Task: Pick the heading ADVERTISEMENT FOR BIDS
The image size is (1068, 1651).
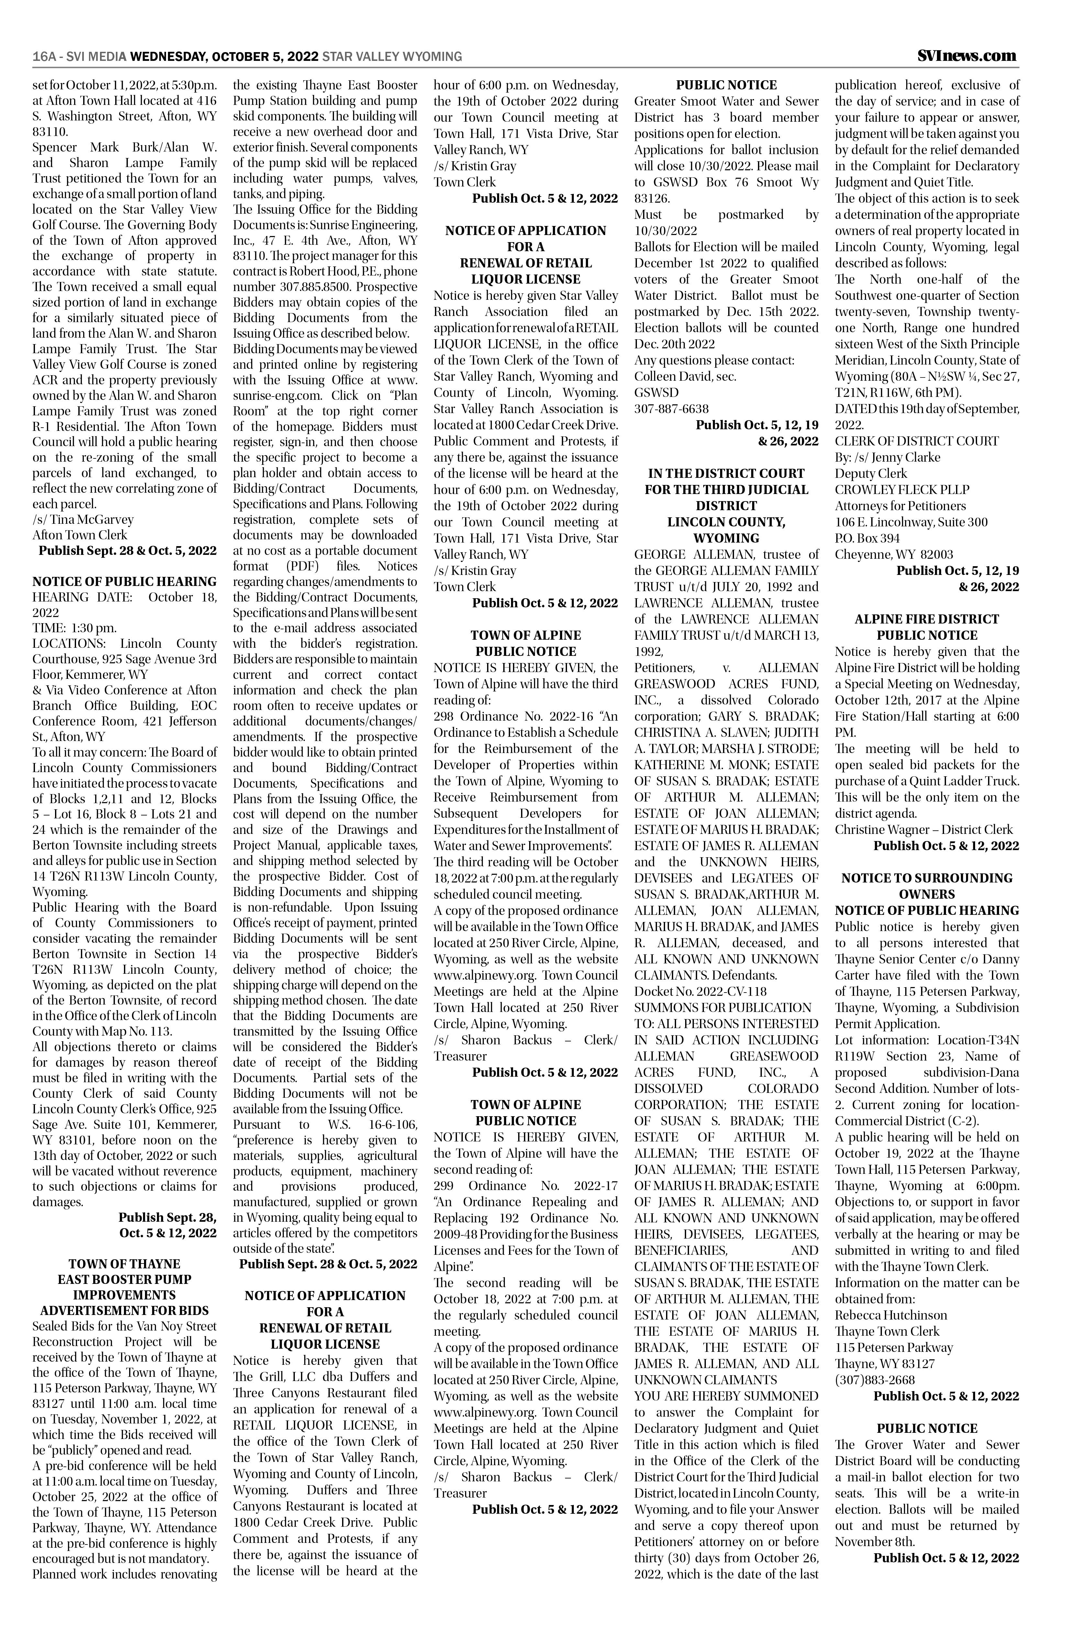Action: point(124,1310)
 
